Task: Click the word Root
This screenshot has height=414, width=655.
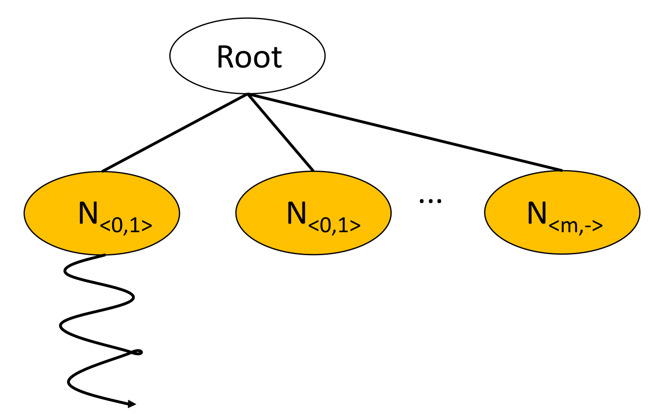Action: click(x=249, y=57)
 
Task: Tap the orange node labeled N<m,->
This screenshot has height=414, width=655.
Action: click(x=562, y=212)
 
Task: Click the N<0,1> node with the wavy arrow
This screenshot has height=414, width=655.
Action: click(x=102, y=213)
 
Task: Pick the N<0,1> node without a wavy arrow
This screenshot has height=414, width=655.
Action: click(x=313, y=213)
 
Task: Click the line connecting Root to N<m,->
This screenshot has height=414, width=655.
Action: click(x=405, y=133)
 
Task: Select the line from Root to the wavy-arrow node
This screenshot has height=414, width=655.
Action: click(x=175, y=133)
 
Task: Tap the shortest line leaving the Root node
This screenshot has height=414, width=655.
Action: click(x=280, y=133)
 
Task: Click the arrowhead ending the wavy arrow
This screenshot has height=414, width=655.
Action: click(x=132, y=404)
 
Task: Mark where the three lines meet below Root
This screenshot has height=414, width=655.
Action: click(x=248, y=94)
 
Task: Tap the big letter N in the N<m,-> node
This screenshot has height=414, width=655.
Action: click(x=537, y=213)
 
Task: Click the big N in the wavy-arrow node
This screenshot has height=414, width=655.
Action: click(x=88, y=213)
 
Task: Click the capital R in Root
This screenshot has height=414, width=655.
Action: click(x=226, y=57)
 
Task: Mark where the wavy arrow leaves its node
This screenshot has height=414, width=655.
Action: click(x=104, y=255)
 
